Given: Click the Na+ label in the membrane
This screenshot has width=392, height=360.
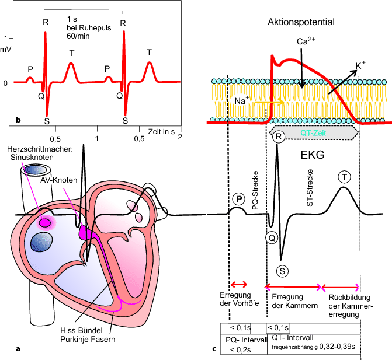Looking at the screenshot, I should coord(240,100).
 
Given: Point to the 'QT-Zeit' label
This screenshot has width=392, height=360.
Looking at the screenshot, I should coord(314,132).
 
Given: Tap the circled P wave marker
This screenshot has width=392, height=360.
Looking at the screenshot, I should coord(239,199).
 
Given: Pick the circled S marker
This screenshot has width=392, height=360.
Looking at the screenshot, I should coord(282,270).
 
